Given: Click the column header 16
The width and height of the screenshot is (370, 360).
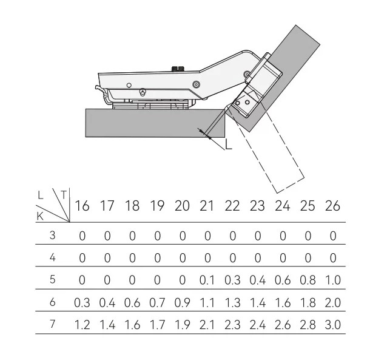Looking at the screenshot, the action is (x=82, y=206).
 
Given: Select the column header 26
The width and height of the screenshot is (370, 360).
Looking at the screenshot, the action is (x=332, y=206).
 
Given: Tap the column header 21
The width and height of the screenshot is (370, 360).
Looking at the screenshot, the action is (x=207, y=206).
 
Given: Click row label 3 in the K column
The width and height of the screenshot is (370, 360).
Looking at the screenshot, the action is (x=53, y=235).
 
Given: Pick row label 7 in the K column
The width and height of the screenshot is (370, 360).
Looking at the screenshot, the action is (x=53, y=324).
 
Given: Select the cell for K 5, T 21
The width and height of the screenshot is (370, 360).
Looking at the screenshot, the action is (x=207, y=280).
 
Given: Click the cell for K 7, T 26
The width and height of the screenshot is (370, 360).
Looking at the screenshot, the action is (x=333, y=325).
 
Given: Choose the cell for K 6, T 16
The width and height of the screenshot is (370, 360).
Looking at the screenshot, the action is (x=82, y=303).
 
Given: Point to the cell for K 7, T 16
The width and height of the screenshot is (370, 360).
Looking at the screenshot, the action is (x=82, y=325).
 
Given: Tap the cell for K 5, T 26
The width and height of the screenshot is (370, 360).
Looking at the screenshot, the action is (x=333, y=280).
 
